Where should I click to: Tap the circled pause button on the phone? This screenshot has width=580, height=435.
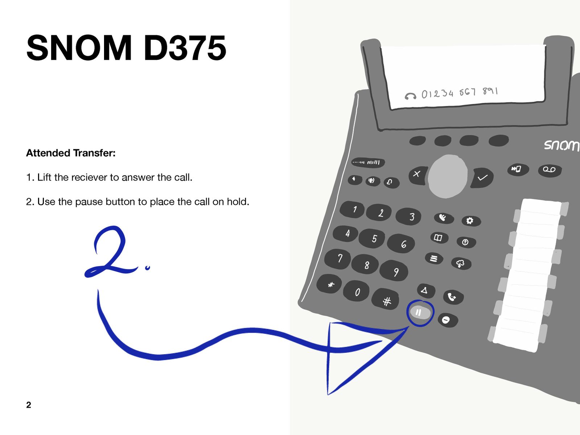420,313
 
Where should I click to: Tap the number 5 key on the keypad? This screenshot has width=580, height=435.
372,239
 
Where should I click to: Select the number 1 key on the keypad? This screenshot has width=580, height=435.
352,210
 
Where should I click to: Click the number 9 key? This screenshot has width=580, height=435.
394,271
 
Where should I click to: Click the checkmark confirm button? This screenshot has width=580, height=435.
482,178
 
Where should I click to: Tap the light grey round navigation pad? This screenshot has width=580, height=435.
448,176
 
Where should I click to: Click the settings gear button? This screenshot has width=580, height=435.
471,220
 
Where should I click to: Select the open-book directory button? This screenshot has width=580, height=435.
439,238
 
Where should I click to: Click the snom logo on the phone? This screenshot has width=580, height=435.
561,145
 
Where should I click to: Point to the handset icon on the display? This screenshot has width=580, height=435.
410,96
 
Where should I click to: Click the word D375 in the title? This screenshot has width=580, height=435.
185,48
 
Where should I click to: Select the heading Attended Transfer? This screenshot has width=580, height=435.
71,153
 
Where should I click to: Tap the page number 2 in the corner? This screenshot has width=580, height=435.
29,405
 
